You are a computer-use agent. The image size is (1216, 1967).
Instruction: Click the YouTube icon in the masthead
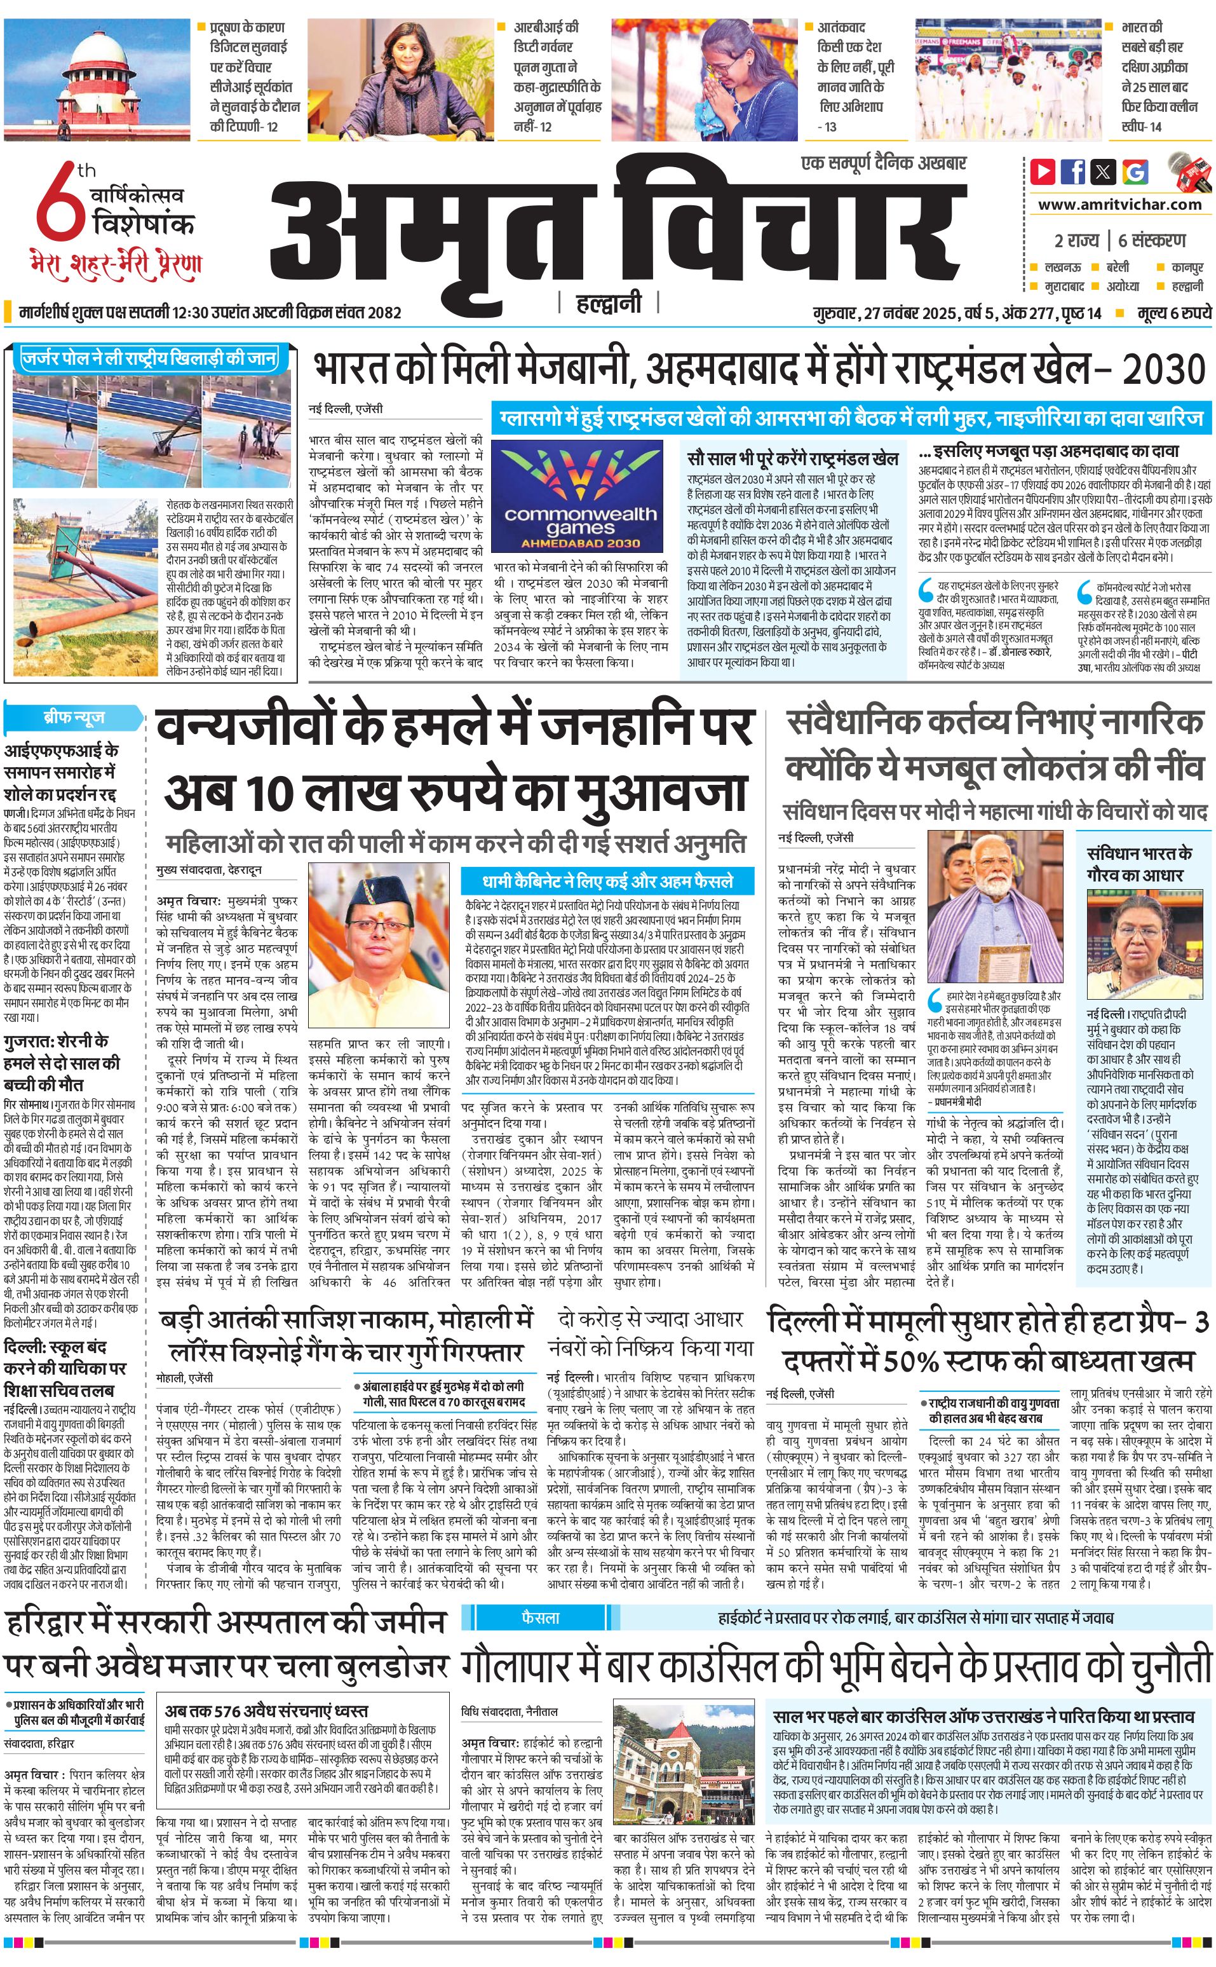pyautogui.click(x=1043, y=172)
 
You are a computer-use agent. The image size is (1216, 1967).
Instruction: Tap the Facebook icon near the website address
pyautogui.click(x=1073, y=172)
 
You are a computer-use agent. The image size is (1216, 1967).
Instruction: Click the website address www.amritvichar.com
pyautogui.click(x=1119, y=205)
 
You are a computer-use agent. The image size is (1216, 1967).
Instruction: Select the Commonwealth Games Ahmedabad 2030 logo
pyautogui.click(x=579, y=496)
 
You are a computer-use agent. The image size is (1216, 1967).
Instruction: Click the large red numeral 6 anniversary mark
pyautogui.click(x=60, y=205)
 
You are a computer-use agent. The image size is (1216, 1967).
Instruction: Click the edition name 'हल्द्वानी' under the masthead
pyautogui.click(x=609, y=303)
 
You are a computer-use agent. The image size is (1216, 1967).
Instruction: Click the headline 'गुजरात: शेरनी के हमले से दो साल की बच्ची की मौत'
pyautogui.click(x=61, y=1062)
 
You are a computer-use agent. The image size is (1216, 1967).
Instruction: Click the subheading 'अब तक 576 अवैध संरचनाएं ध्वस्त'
pyautogui.click(x=266, y=1689)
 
